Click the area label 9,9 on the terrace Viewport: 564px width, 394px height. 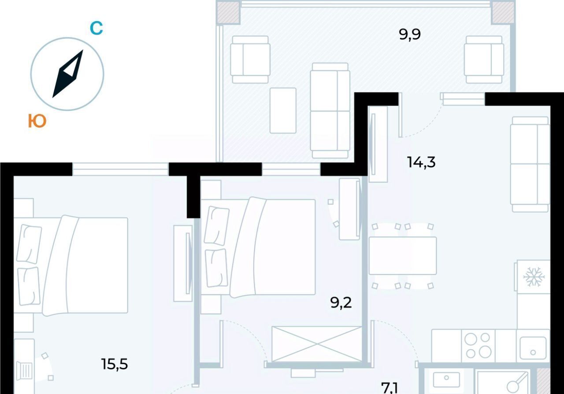410,34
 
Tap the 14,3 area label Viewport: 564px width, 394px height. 421,162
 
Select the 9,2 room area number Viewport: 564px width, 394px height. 341,303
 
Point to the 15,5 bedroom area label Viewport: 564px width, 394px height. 115,364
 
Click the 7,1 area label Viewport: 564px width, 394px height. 389,389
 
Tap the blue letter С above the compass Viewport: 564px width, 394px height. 96,28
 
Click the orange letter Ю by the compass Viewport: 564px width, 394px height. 37,121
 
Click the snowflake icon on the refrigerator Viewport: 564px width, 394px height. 534,277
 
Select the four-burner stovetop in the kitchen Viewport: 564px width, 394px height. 478,346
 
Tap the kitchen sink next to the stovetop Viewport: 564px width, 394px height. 533,346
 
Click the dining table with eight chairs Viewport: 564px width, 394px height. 403,256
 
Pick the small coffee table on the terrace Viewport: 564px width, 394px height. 283,110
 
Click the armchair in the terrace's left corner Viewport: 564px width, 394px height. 250,59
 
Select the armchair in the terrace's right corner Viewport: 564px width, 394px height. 484,59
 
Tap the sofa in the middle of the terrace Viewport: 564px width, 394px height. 330,110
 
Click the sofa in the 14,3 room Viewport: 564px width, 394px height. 530,164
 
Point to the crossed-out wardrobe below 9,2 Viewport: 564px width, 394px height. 317,344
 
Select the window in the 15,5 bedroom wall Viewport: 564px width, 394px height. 121,169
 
